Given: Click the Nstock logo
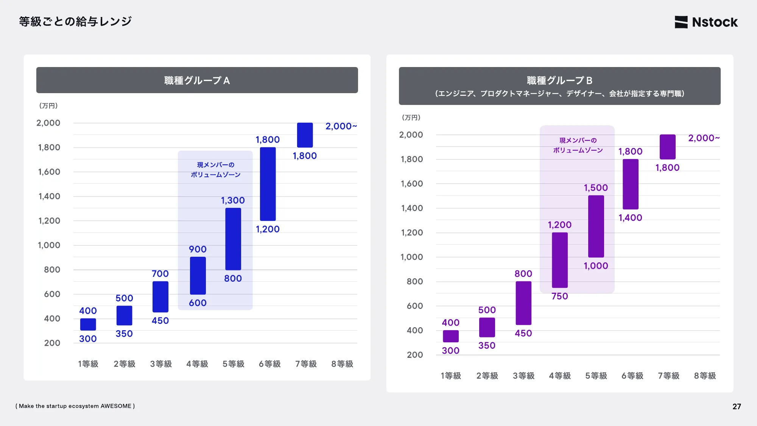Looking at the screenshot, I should point(706,22).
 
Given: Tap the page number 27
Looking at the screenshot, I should point(737,406).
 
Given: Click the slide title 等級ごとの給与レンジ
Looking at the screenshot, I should point(75,21).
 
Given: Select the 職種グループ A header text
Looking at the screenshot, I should point(197,80).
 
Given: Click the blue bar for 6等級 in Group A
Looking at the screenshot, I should point(268,184).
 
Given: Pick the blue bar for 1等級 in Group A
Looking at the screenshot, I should point(88,325).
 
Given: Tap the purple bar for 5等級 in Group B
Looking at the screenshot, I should point(596,226).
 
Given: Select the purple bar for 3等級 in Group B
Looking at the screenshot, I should point(523,303).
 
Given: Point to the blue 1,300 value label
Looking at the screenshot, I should point(233,200).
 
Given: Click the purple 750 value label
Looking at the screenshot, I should point(559,296).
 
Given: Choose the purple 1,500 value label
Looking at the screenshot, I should point(596,188).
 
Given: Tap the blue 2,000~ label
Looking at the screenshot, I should point(341,126).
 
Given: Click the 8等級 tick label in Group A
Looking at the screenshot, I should point(342,364).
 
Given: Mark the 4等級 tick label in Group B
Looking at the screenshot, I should point(560,376).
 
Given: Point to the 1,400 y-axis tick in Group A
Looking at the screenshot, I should point(49,196).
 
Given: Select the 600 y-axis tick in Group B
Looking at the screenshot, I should point(415,306).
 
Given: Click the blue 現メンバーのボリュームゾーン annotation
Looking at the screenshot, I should point(216,170).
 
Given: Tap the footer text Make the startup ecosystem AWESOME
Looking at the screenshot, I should point(75,406).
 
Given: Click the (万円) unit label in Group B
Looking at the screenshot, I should point(411,117).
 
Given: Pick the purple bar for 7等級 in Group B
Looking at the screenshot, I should point(667,147).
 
